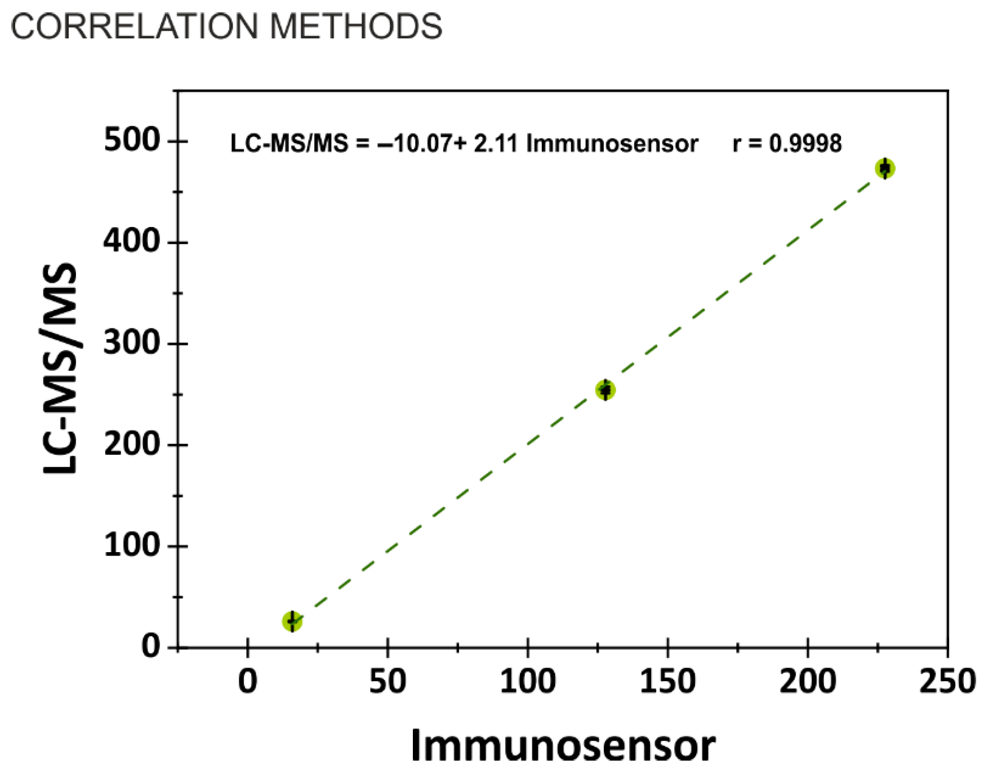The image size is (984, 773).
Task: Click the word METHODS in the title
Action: tap(356, 26)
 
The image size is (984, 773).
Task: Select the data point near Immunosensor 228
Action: tap(885, 168)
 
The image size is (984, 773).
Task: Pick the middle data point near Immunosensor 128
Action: tap(605, 390)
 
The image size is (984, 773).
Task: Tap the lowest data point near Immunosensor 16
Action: tap(292, 621)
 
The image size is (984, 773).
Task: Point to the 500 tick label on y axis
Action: tap(132, 140)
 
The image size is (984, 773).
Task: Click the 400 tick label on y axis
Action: tap(132, 241)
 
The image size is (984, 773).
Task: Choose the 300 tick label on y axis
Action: tap(132, 343)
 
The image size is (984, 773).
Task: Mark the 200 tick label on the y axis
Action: tap(132, 445)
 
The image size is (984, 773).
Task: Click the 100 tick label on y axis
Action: tap(132, 545)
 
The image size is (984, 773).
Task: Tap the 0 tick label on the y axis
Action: tap(150, 646)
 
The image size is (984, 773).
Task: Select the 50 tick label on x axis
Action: tap(388, 681)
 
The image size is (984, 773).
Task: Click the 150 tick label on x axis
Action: tap(667, 681)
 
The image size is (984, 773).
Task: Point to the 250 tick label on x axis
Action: tap(947, 681)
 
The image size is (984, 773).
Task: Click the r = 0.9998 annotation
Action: tap(787, 144)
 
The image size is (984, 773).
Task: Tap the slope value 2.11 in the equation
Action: tap(495, 144)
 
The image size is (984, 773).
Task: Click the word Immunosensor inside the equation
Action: tap(612, 144)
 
